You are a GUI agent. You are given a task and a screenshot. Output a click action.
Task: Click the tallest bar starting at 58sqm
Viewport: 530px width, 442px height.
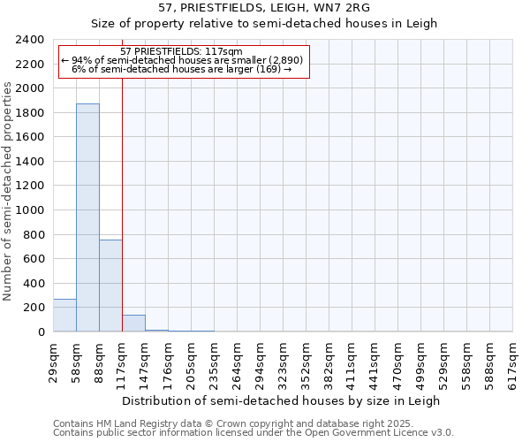87,217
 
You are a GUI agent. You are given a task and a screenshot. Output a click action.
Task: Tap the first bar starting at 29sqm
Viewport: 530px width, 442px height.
64,315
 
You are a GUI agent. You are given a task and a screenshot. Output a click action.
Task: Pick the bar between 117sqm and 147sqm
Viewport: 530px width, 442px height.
133,324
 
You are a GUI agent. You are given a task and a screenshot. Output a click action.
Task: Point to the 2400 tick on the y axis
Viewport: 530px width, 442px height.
30,41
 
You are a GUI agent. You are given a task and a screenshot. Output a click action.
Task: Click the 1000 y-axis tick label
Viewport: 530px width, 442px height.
30,210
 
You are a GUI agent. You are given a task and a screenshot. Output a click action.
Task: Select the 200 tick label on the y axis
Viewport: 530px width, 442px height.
34,308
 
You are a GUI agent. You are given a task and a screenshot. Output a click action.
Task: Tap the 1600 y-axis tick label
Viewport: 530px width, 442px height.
30,138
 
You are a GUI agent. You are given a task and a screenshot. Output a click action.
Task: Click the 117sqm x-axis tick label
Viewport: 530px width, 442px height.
122,362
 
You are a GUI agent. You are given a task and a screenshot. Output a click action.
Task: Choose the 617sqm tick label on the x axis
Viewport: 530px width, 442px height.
512,362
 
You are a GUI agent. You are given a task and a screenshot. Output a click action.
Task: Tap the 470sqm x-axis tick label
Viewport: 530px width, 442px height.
398,362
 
